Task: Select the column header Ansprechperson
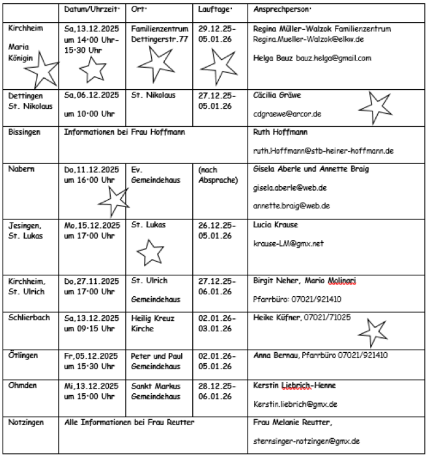(282, 10)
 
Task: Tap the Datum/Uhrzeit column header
(91, 10)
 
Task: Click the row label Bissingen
(24, 132)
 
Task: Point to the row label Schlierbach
(29, 318)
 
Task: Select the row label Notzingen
(26, 422)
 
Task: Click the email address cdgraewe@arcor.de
(287, 113)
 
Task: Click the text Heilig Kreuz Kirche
(152, 324)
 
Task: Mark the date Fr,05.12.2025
(91, 355)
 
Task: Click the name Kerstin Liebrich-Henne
(294, 385)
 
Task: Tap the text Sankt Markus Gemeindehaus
(155, 391)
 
